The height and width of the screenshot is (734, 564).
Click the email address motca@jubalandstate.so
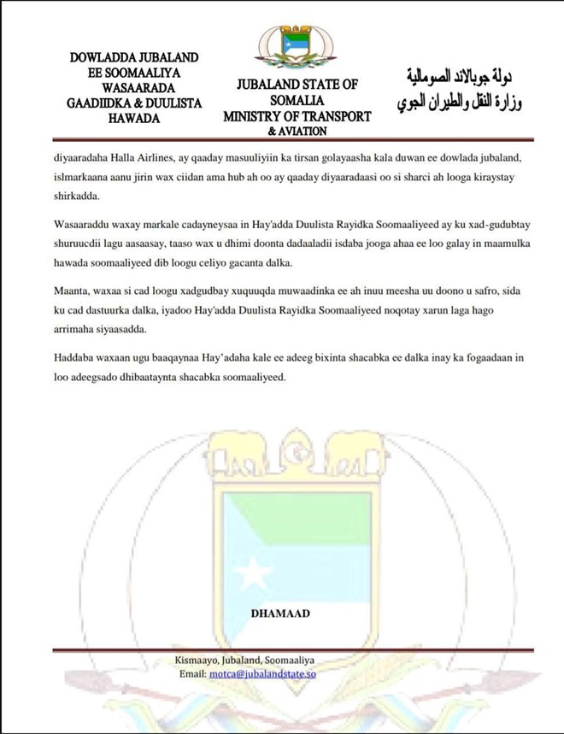coord(264,673)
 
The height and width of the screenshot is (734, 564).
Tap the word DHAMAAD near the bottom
coord(281,614)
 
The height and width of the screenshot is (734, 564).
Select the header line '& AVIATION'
coord(297,132)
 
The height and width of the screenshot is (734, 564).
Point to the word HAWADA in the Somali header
coord(134,118)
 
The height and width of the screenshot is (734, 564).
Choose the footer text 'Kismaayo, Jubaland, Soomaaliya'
coord(244,661)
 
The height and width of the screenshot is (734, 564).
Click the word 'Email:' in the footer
coord(191,673)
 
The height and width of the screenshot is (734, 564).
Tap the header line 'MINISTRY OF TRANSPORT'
coord(297,116)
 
